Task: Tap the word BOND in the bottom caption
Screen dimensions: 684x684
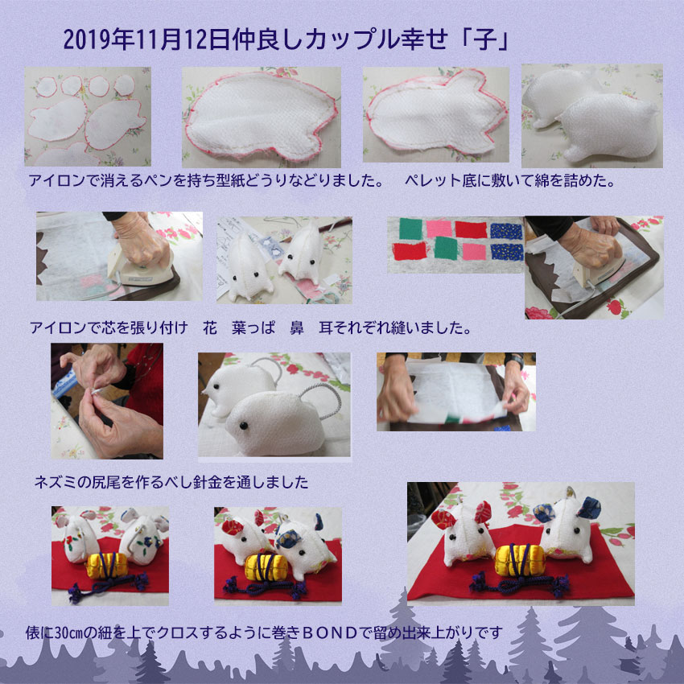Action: tap(329, 632)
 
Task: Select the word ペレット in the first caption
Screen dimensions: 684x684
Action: tap(433, 180)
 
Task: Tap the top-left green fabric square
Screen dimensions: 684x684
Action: tap(410, 229)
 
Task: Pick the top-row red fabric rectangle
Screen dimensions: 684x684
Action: tap(471, 230)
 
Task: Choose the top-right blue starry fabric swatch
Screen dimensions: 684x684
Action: tap(506, 231)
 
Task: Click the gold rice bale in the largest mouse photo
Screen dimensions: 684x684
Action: tap(520, 560)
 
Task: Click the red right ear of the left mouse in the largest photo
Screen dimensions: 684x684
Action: tap(483, 512)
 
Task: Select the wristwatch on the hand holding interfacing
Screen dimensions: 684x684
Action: tap(517, 361)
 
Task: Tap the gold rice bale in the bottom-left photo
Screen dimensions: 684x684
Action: tap(107, 566)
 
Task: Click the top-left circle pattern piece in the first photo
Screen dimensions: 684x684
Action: tap(46, 87)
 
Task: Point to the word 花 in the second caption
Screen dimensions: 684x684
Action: tap(210, 328)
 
